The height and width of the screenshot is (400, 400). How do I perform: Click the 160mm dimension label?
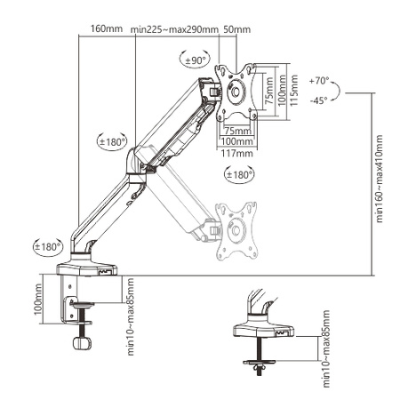107,28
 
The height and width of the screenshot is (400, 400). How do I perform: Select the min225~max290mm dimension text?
174,29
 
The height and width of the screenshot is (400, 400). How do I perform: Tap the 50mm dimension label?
237,29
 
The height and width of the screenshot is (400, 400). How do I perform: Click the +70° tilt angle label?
319,80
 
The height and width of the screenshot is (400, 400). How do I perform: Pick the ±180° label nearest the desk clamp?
46,245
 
